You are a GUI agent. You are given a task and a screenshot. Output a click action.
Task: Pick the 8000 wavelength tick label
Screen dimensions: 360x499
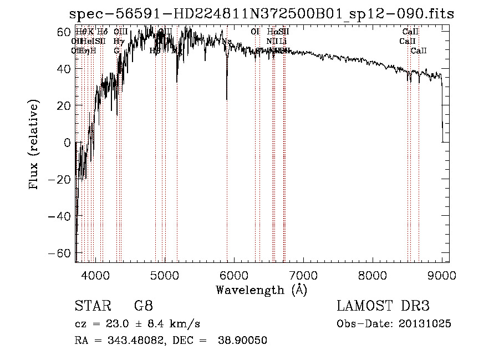(x=372, y=275)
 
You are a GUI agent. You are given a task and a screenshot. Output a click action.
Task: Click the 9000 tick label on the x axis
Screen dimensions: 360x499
(x=441, y=275)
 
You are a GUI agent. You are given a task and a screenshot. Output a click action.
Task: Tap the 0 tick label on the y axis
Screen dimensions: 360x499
(x=67, y=143)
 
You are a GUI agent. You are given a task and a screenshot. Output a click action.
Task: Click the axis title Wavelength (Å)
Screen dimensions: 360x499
(x=261, y=290)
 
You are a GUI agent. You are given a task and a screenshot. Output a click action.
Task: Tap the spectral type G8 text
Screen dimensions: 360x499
(x=144, y=306)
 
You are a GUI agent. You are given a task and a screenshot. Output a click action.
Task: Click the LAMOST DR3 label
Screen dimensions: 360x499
(x=383, y=306)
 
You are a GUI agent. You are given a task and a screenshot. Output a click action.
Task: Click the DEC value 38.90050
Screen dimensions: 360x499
(x=244, y=341)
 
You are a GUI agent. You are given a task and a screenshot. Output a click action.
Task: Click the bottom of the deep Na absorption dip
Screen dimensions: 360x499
(x=227, y=100)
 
